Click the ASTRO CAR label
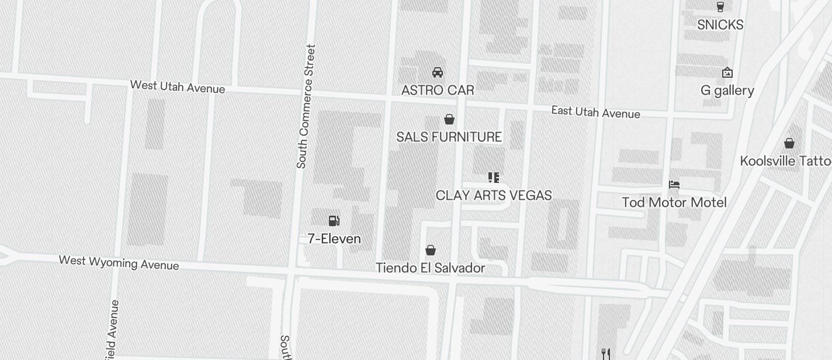[x=437, y=90]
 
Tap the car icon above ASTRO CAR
[x=437, y=72]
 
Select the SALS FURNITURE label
[x=449, y=137]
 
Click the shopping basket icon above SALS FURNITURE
[x=449, y=119]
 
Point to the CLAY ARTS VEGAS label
[x=494, y=195]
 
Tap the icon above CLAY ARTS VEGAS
[x=494, y=177]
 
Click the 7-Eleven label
[x=334, y=238]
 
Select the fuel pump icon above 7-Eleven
[x=334, y=220]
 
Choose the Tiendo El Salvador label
[x=430, y=268]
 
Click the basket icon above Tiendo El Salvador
[x=431, y=250]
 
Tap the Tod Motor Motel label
[x=674, y=202]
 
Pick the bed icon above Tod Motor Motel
[x=674, y=185]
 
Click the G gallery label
[x=727, y=91]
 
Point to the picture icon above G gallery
[x=727, y=72]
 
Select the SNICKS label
[x=720, y=25]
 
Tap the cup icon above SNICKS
[x=720, y=7]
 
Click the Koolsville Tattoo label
[x=786, y=161]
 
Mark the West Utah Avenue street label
[x=178, y=86]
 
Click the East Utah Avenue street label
[x=595, y=112]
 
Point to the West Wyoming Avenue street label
[x=119, y=262]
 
